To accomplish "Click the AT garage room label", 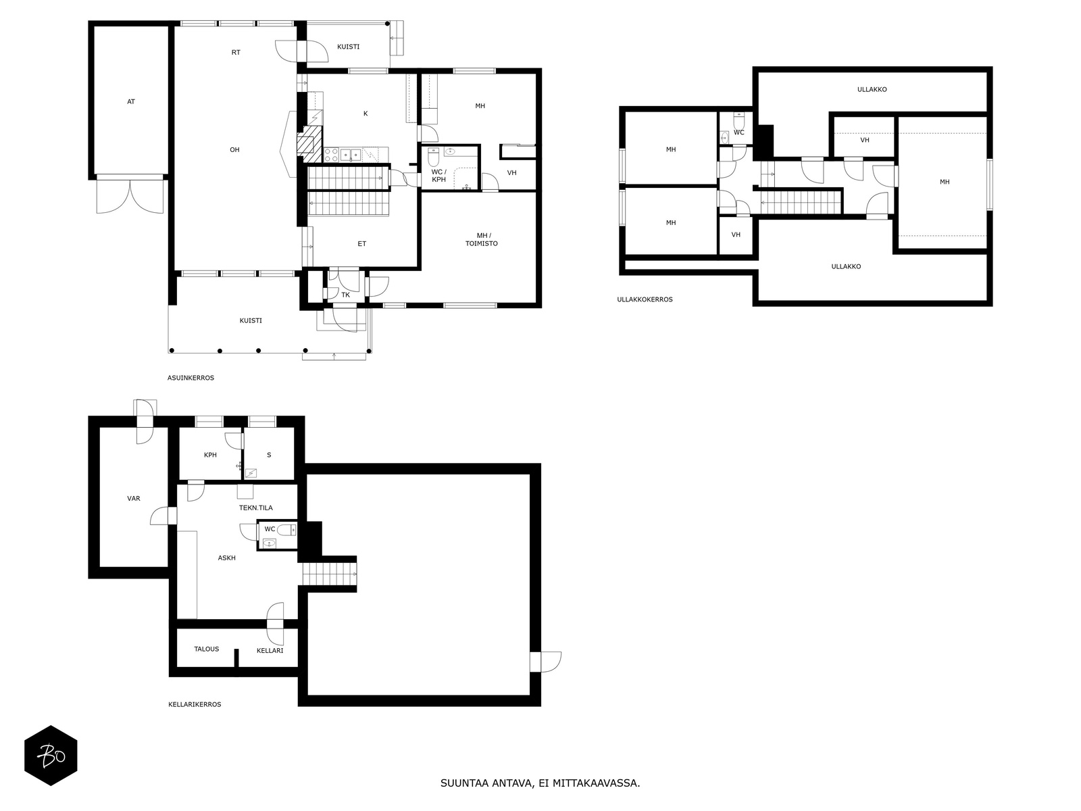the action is point(131,102).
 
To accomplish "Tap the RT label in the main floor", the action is point(236,52).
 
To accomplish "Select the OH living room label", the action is point(234,149).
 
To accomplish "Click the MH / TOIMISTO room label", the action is point(482,239).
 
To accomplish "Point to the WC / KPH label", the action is point(438,176).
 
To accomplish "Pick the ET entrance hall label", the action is point(362,244).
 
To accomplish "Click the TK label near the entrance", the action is point(346,295).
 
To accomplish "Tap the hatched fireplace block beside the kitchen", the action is point(309,144).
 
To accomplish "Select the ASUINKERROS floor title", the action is point(191,378).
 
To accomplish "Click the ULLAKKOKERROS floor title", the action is point(645,299).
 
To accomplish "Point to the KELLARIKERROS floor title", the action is point(195,705).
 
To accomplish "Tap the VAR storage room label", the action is point(134,498).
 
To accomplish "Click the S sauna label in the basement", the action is point(269,455).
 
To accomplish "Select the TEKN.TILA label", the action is point(255,508).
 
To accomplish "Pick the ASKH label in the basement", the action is point(226,558).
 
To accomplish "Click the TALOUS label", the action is point(206,649).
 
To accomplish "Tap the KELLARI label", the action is point(270,650).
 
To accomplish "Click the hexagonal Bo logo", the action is point(51,756).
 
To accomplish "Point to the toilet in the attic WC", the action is point(739,120).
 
